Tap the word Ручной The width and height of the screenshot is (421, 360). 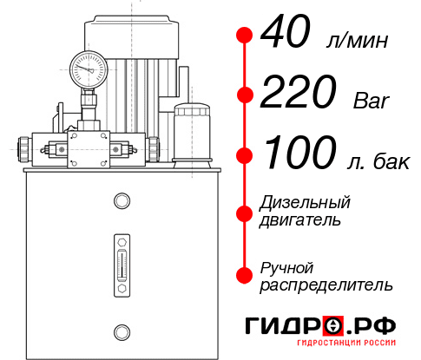(286, 266)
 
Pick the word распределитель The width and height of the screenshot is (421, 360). (326, 284)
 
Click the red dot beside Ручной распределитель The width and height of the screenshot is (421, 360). (244, 274)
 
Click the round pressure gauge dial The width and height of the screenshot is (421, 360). (89, 68)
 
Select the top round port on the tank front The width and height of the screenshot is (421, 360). (121, 201)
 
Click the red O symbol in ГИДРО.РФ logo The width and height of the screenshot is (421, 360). (332, 327)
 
